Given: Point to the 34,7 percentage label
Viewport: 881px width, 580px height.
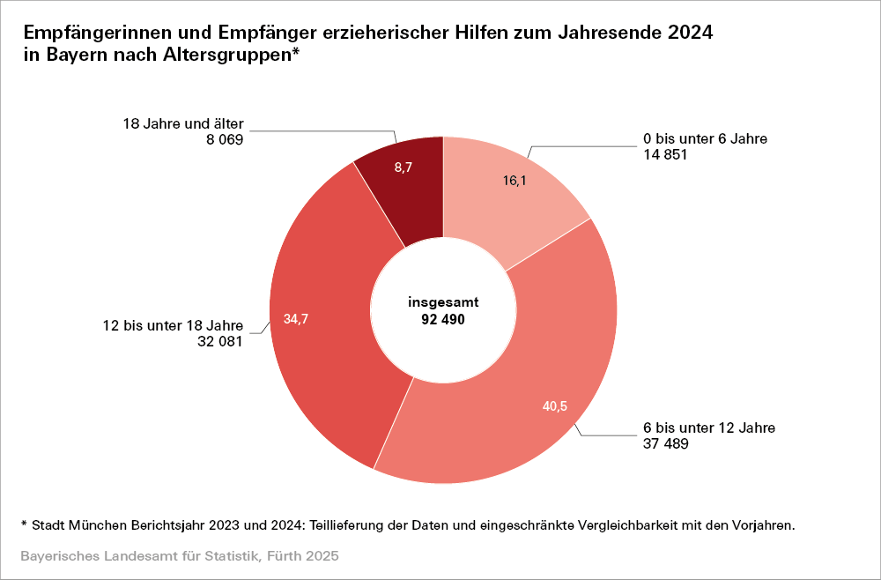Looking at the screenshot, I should point(296,319).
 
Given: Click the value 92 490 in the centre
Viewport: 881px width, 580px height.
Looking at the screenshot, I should point(443,318).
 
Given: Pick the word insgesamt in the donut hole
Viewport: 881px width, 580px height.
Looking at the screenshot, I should point(443,301).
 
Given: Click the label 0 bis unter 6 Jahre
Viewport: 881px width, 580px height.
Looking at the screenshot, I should point(706,138).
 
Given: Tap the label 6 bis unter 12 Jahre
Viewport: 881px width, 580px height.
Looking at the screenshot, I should point(709,428).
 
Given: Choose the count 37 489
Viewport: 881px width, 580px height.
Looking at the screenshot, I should point(665,444).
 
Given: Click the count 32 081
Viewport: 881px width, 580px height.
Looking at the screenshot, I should point(219,341).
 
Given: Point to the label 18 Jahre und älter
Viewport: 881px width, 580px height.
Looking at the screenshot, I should point(182,123).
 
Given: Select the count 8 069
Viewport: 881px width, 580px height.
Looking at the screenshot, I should point(223,139).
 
